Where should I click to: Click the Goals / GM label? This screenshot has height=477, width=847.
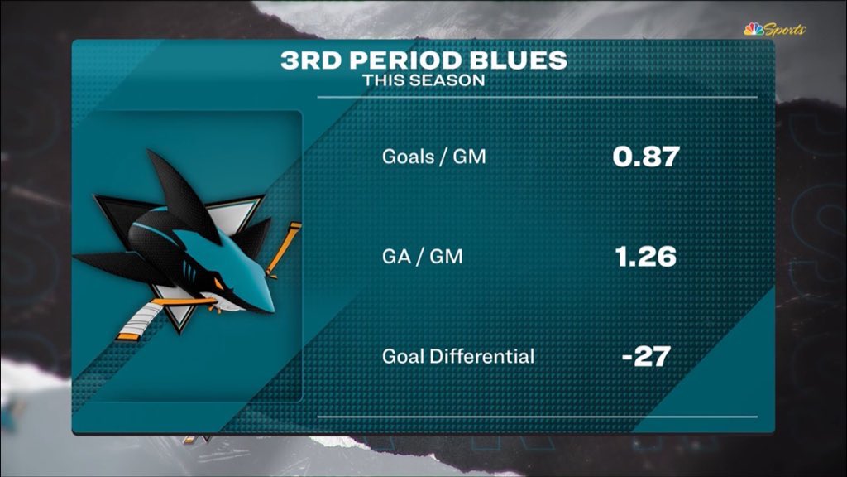(x=434, y=156)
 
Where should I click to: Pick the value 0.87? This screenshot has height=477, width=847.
(x=645, y=156)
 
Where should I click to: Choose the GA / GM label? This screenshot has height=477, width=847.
(x=422, y=257)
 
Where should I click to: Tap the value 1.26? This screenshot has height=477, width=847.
(x=645, y=257)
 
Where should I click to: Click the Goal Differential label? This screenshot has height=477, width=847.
(x=458, y=357)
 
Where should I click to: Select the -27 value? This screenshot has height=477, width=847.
(x=645, y=358)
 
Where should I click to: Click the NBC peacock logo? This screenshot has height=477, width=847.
(x=754, y=30)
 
